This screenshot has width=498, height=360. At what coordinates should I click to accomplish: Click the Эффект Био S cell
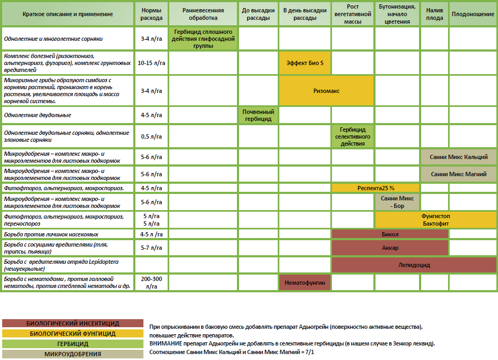tap(305, 63)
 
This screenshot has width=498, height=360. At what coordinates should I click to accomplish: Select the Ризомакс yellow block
tap(326, 91)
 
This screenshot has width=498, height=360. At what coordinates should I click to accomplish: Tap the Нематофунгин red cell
tap(305, 282)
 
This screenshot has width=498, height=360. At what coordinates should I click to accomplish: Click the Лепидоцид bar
tap(414, 265)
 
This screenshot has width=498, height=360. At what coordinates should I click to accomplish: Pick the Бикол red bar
tap(389, 234)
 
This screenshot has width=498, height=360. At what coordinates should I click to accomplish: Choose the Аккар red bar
tap(389, 248)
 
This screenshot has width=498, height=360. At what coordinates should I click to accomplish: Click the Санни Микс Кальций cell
tap(459, 157)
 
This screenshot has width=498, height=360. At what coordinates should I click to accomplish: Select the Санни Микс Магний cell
tap(459, 174)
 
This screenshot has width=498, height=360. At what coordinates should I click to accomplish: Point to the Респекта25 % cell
tap(376, 188)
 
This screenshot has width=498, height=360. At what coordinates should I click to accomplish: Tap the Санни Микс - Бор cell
tap(397, 202)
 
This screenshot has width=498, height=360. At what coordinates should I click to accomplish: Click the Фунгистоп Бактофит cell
tap(435, 219)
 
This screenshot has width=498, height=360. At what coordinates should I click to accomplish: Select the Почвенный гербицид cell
tap(258, 115)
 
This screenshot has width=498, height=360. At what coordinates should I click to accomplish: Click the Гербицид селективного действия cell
tap(353, 136)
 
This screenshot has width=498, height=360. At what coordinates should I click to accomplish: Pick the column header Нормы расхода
tap(151, 14)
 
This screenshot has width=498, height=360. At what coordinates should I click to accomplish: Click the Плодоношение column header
tap(472, 14)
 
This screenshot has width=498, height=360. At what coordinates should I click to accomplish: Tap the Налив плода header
tap(435, 14)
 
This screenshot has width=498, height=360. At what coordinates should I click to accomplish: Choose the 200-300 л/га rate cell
tap(151, 282)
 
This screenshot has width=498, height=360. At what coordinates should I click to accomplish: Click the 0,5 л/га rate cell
tap(151, 136)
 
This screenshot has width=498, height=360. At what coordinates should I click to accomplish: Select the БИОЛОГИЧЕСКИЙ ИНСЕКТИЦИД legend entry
tap(73, 323)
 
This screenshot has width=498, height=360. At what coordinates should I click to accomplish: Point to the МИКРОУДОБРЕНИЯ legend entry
tap(73, 354)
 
